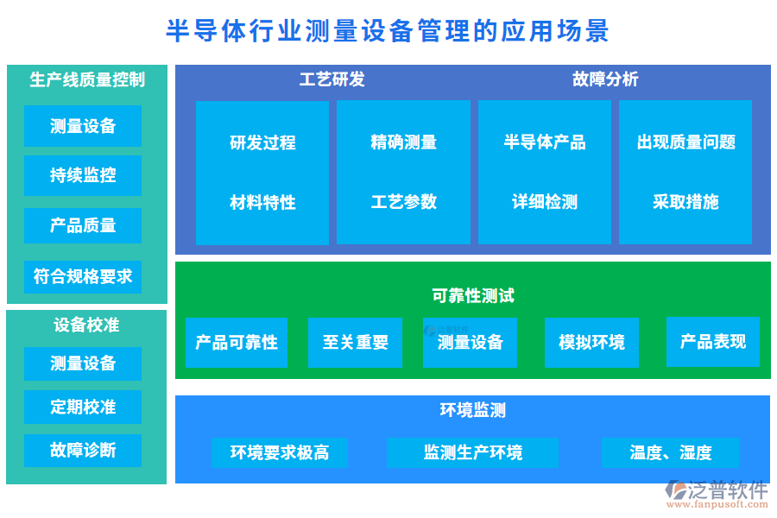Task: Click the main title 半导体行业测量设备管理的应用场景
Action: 388,31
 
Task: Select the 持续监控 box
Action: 83,175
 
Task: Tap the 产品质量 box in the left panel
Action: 83,226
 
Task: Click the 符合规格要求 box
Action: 83,277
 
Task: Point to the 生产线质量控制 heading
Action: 86,80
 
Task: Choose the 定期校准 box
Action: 83,407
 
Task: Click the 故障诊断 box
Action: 83,450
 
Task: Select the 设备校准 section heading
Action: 86,325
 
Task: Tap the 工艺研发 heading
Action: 332,79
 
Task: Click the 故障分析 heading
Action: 605,79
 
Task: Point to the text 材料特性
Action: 262,202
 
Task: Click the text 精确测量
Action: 403,142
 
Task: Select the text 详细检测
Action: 544,202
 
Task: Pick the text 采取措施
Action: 685,202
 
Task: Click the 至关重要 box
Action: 356,343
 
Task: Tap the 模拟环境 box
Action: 591,343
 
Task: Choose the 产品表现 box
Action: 712,342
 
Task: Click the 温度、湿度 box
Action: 670,452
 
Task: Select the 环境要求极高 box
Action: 280,452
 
